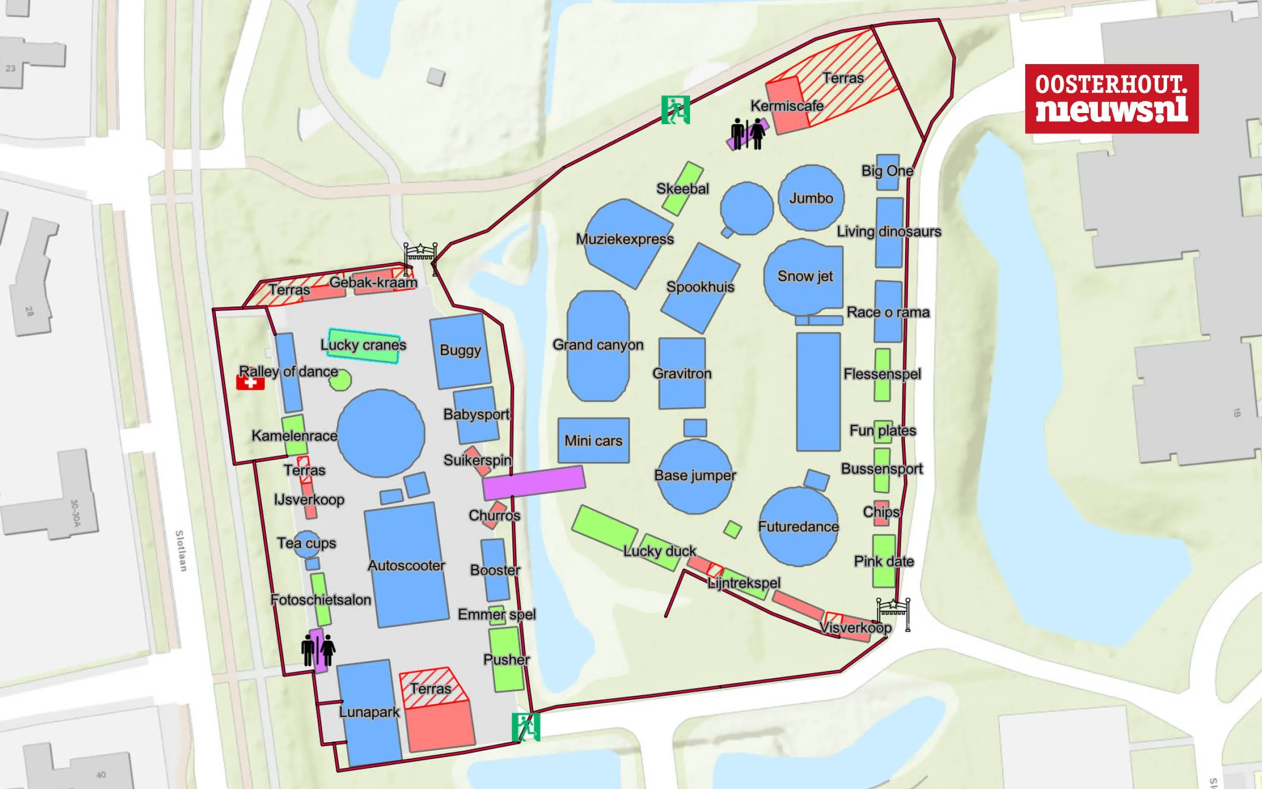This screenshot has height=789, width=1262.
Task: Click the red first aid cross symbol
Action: pos(250,383)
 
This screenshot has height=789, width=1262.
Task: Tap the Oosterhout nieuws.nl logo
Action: pos(1111,98)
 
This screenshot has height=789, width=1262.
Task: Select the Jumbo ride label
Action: pos(811,198)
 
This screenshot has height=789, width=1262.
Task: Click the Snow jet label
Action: pos(805,276)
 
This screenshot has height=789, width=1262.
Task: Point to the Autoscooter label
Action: pos(406,565)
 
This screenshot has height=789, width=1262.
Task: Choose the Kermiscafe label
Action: pos(786,106)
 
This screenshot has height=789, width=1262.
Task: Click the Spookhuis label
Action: pos(700,287)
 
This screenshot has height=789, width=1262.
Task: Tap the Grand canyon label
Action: pos(598,345)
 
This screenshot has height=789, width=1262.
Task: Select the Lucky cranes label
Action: pos(363,345)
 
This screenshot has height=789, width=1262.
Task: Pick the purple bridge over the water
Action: pos(533,483)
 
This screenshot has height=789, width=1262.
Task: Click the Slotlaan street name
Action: pos(181,551)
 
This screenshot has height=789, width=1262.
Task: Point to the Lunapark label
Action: pos(370,712)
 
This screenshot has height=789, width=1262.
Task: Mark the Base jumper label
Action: pos(695,476)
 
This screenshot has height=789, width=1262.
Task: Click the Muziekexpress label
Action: pos(624,239)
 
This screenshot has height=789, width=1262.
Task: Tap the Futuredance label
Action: pos(798,527)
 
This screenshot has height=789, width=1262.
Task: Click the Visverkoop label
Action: pos(856,627)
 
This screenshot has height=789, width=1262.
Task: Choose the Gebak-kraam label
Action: pos(373,283)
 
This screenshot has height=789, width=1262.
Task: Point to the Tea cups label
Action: pos(306,543)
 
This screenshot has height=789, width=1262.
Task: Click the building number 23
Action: pos(11,68)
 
